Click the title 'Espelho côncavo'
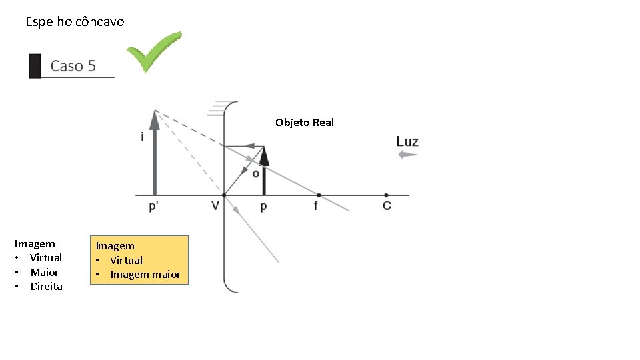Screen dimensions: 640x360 coord(75,22)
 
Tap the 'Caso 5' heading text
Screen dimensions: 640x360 coord(73,66)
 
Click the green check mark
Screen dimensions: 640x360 coord(153,51)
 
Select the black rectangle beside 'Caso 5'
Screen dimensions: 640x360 coord(35,66)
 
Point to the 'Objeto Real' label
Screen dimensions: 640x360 coord(305,123)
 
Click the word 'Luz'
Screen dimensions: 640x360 coord(407,141)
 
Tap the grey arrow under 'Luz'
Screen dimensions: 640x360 coord(407,155)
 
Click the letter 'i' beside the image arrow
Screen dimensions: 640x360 coord(143,137)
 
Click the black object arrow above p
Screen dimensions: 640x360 coord(264,171)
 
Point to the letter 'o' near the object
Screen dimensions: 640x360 coord(256,174)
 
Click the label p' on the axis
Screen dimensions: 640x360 coord(155,206)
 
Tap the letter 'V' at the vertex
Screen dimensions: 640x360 coord(215,206)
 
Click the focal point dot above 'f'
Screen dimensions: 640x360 coord(319,195)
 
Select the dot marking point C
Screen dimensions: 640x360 coord(387,195)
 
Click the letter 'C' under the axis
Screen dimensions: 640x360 coord(387,205)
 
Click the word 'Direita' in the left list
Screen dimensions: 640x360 coord(47,287)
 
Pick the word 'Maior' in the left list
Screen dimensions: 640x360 coord(45,272)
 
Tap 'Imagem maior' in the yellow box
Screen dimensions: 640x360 coord(145,275)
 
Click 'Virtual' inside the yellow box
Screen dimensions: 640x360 coord(126,260)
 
